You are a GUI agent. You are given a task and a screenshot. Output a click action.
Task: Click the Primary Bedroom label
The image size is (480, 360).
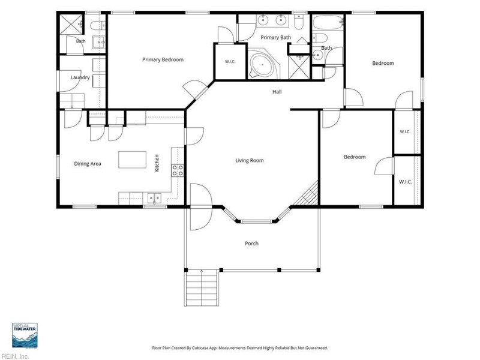163,59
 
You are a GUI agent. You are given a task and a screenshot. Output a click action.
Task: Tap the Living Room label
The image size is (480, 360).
249,160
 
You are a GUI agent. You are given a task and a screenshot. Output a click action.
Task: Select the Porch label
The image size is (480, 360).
251,244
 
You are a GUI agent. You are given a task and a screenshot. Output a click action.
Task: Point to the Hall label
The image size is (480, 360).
277,92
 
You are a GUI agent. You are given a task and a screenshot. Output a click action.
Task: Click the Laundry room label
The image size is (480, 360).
80,77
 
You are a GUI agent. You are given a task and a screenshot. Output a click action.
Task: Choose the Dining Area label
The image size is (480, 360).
88,164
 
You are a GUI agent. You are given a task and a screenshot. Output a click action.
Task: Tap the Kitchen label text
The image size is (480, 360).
157,163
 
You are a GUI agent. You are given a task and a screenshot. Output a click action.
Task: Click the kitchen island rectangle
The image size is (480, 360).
132,160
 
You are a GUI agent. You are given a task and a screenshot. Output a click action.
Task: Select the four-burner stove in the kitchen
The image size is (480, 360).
178,170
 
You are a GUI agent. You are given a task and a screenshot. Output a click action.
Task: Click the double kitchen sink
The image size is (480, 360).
155,198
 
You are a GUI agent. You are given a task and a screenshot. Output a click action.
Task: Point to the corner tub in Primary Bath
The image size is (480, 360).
262,65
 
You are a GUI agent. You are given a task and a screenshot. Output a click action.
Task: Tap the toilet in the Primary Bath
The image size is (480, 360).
298,22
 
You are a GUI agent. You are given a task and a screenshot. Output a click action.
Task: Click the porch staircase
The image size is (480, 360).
202,288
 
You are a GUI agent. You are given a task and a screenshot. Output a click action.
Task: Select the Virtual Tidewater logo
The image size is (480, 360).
25,335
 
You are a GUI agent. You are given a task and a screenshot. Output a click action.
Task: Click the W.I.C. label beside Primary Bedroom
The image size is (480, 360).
230,62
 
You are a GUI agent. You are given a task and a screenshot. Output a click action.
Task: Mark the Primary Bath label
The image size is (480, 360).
275,37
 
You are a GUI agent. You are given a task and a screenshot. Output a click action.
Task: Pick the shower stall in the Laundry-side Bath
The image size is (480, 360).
71,23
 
